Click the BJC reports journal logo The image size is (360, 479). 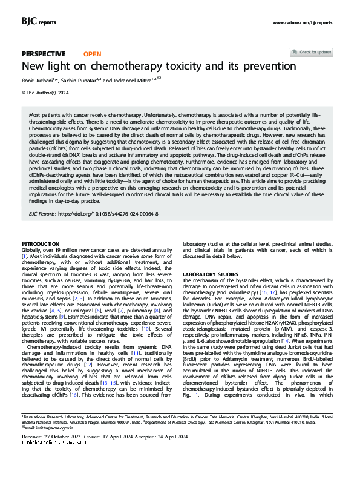[x=39, y=22]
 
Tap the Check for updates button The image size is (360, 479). [x=315, y=52]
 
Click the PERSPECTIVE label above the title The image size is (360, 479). [x=44, y=53]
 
